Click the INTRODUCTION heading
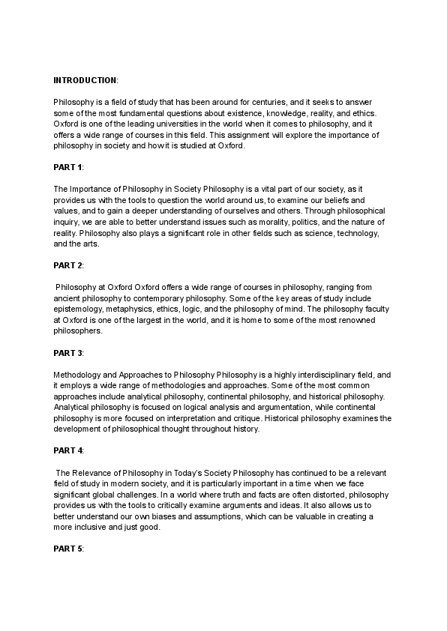(x=85, y=79)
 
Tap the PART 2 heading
(x=68, y=265)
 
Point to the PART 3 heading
(x=68, y=352)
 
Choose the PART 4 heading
(x=68, y=450)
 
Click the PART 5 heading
(x=68, y=549)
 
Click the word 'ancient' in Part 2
(x=68, y=299)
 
